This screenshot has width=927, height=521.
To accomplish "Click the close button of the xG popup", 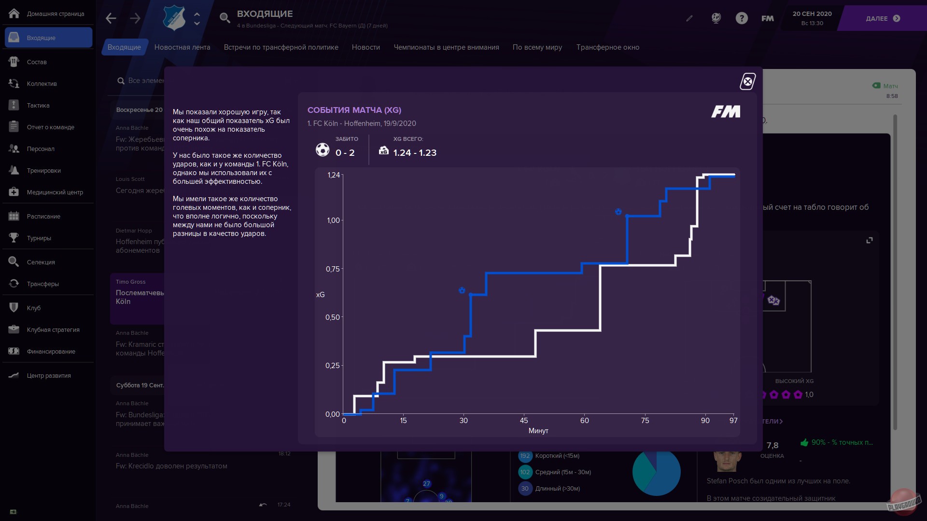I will click(747, 82).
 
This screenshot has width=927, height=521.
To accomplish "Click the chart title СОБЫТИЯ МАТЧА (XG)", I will click(354, 110).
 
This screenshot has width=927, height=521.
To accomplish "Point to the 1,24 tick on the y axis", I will click(334, 175).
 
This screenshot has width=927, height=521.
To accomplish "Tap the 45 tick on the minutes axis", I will click(524, 421).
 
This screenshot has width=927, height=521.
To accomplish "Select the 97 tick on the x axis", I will click(733, 421).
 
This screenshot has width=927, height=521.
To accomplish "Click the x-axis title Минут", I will click(538, 431).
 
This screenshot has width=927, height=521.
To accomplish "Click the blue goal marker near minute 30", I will click(462, 290).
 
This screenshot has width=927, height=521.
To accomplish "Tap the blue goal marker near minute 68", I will click(618, 212).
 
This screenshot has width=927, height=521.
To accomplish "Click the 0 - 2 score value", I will click(345, 153).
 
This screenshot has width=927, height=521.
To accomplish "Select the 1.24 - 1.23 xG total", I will click(415, 153).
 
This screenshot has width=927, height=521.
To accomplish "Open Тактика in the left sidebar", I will click(38, 106).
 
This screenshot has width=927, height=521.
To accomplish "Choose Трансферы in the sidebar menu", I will click(43, 284).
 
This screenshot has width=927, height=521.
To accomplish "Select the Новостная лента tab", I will click(182, 47).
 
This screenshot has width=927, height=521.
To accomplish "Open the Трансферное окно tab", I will click(607, 47).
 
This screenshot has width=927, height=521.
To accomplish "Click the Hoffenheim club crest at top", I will click(174, 18).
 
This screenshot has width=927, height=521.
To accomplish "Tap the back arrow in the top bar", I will click(111, 18).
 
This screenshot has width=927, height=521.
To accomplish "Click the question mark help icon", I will click(742, 18).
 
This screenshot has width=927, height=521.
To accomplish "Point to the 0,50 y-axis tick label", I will click(333, 317).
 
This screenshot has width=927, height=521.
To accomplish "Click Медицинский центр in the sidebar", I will click(55, 192).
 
